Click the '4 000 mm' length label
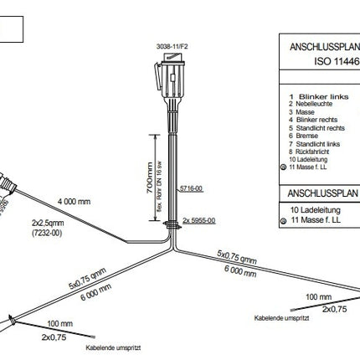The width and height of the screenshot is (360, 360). pyautogui.click(x=75, y=202)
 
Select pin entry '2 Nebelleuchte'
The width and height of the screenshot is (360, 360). pyautogui.click(x=309, y=104)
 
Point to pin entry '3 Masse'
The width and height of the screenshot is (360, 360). pyautogui.click(x=301, y=111)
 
